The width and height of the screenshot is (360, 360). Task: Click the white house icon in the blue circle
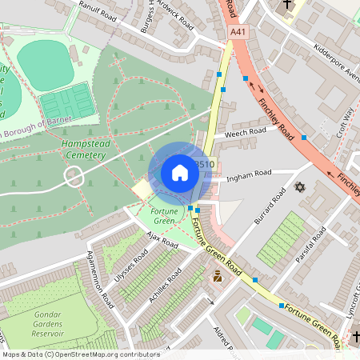[x=179, y=172]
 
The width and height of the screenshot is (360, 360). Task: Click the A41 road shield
[x=237, y=32]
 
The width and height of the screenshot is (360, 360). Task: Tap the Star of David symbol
[x=301, y=187]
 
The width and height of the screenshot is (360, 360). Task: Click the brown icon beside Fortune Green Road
[x=217, y=277]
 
